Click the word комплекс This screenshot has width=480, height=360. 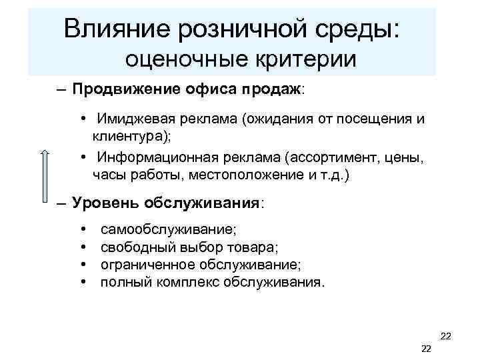pyautogui.click(x=189, y=282)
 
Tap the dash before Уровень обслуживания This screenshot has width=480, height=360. pyautogui.click(x=61, y=203)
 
